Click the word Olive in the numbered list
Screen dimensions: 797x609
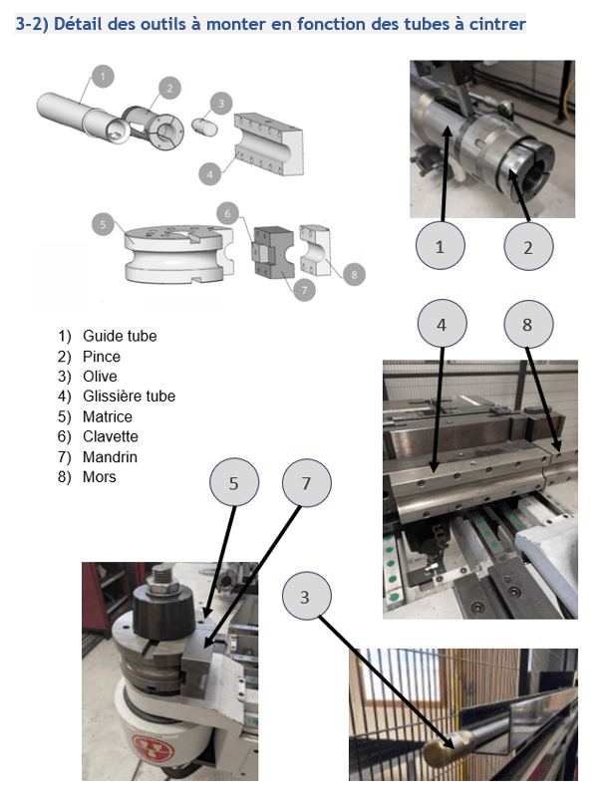tap(100, 377)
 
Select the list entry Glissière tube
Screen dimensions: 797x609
tap(129, 397)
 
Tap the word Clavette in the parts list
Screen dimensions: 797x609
tap(110, 436)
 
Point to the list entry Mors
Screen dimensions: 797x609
tap(100, 477)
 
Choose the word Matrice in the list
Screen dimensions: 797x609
tap(108, 416)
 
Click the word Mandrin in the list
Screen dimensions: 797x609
tap(110, 457)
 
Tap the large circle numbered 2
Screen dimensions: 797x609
tap(528, 247)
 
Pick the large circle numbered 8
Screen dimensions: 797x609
tap(528, 324)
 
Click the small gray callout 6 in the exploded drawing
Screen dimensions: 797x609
tap(229, 213)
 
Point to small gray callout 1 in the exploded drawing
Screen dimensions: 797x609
tap(103, 75)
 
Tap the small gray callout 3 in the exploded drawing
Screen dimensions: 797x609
tap(221, 102)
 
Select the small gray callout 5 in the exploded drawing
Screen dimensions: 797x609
tap(103, 224)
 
